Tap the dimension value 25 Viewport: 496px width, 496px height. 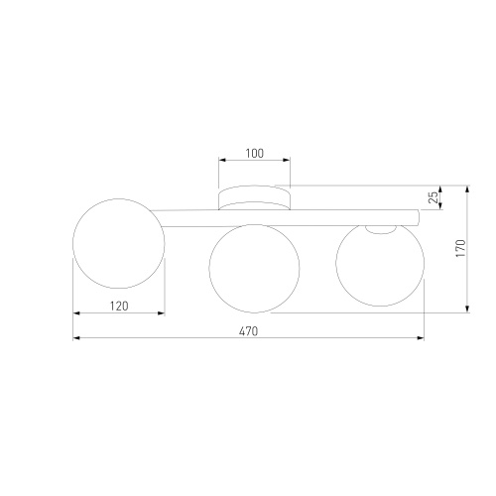[x=434, y=197]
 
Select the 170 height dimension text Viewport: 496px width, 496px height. [x=459, y=248]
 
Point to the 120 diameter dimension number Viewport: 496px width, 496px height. [x=118, y=307]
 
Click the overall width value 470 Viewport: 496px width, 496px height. [x=248, y=331]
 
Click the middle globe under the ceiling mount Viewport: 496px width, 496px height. [x=253, y=266]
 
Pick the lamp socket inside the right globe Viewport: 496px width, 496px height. [x=379, y=229]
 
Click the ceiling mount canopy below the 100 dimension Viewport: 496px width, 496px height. [x=254, y=197]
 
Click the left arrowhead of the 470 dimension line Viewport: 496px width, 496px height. [x=77, y=338]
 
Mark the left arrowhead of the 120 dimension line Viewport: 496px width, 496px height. [x=77, y=313]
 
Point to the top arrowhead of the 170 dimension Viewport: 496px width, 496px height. [x=467, y=187]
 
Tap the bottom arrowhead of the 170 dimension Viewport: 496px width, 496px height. [x=467, y=309]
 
